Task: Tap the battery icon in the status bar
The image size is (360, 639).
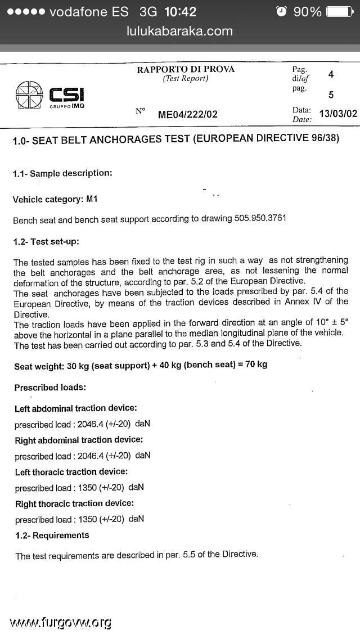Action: (340, 12)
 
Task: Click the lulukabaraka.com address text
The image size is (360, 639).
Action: (180, 31)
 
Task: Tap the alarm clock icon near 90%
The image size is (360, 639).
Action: (282, 12)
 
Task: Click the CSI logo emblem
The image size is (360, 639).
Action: (29, 94)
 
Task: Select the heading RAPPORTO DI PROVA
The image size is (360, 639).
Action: (186, 69)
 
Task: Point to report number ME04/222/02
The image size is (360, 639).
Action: (187, 115)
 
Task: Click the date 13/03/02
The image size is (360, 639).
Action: (337, 114)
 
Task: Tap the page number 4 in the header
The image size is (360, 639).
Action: (331, 74)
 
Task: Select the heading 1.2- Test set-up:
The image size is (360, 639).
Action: (46, 242)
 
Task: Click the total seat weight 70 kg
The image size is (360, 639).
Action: (256, 364)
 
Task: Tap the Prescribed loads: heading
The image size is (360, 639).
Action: (50, 388)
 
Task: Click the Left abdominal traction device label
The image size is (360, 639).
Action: (76, 408)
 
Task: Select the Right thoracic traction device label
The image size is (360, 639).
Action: (74, 503)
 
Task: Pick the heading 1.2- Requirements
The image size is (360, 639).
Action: (52, 535)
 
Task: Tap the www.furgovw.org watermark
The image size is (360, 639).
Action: (60, 622)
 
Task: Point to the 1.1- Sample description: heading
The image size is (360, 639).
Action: (62, 173)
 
